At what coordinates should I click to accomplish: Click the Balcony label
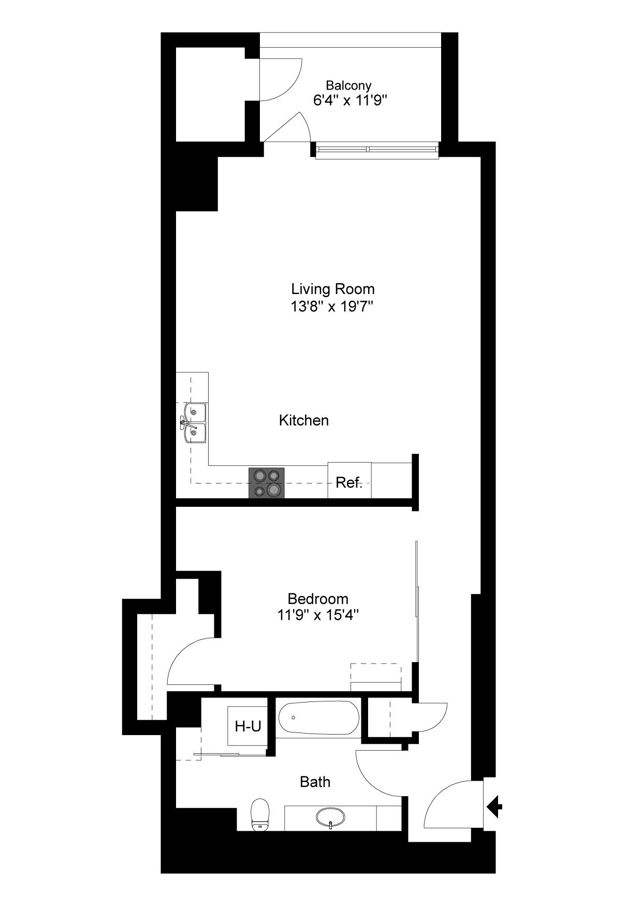[348, 85]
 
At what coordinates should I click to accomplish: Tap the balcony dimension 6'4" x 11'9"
[351, 100]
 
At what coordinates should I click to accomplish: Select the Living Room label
[333, 289]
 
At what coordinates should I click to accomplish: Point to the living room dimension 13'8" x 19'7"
[332, 306]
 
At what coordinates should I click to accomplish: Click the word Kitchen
[304, 420]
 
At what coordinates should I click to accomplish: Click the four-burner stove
[267, 483]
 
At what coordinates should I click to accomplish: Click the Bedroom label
[318, 599]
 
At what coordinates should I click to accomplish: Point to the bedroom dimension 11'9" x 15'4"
[318, 616]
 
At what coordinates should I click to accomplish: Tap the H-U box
[248, 726]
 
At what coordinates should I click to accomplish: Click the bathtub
[318, 718]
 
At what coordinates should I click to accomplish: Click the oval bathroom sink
[331, 817]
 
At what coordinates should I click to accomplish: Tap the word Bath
[315, 782]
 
